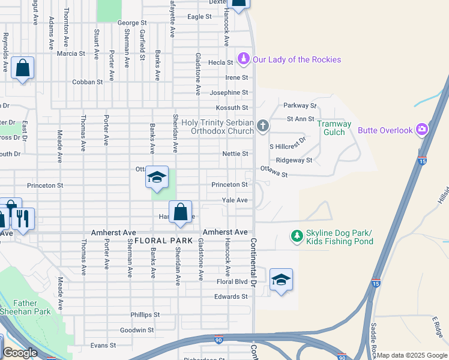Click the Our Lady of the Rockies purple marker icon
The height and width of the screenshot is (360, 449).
(x=244, y=59)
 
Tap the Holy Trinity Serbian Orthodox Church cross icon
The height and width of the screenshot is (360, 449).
(x=262, y=126)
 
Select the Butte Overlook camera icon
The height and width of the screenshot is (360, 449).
(x=423, y=129)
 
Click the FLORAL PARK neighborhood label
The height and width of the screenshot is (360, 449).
(x=159, y=241)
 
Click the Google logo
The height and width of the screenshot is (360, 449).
(x=19, y=353)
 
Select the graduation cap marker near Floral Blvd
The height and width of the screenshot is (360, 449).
(x=281, y=280)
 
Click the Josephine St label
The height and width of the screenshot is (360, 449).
(x=229, y=93)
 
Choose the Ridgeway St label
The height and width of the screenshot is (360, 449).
(x=294, y=160)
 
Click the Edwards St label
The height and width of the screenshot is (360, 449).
(x=231, y=296)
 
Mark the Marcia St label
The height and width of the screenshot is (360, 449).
(x=71, y=53)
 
